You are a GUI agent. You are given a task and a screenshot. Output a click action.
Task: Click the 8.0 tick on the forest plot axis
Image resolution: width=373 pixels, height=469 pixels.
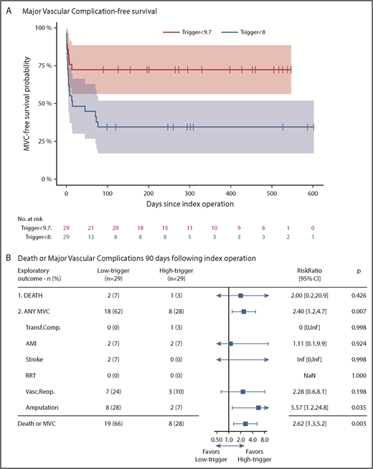pyautogui.click(x=264, y=436)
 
